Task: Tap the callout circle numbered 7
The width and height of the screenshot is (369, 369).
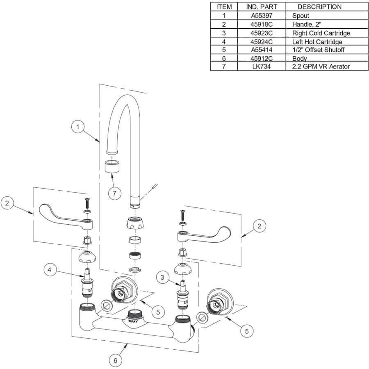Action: coord(115,192)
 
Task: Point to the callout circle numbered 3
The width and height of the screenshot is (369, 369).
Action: coord(163,278)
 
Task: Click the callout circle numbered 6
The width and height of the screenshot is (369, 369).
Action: coord(115,360)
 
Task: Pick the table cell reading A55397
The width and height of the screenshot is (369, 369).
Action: coord(261,16)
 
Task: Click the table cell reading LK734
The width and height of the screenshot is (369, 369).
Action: coord(261,66)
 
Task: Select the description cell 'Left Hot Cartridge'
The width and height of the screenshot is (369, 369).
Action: coord(317,41)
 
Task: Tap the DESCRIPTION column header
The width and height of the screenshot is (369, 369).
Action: coord(319,7)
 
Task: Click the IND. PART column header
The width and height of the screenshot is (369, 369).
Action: coord(261,7)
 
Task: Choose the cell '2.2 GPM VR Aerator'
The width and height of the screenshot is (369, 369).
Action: coord(321,66)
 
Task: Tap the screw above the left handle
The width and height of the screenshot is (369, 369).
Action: coord(87,203)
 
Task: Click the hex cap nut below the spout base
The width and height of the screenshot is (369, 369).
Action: coord(136,225)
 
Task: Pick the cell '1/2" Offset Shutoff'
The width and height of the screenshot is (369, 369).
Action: coord(318,50)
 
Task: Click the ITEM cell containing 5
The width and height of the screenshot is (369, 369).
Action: coord(224,50)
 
